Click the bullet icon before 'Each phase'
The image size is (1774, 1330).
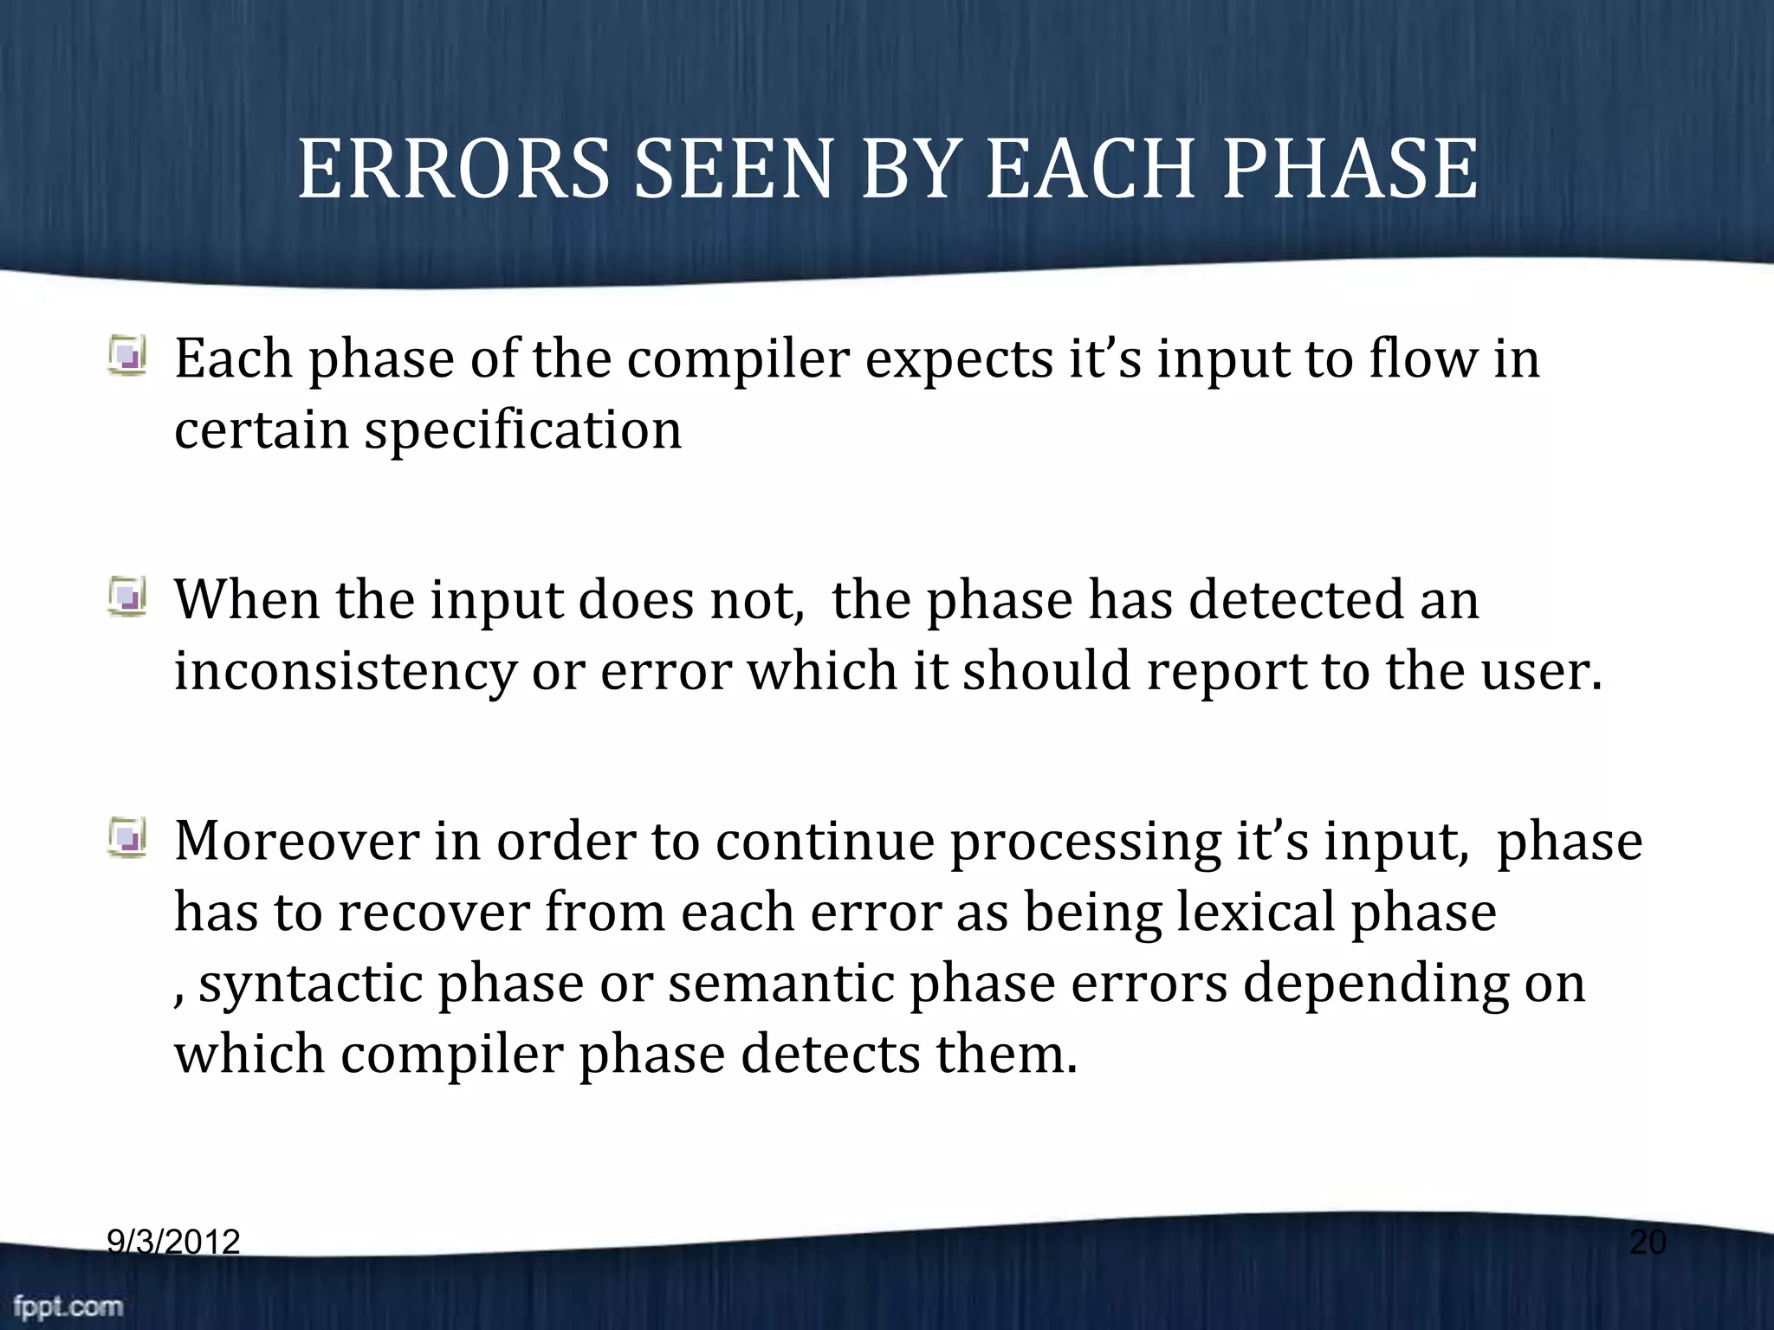click(x=128, y=356)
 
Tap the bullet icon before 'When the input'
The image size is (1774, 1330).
click(x=128, y=597)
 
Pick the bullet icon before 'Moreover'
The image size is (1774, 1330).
click(x=128, y=837)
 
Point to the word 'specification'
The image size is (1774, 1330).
click(x=522, y=430)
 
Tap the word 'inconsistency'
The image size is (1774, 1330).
click(x=345, y=671)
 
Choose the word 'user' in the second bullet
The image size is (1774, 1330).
click(x=1533, y=671)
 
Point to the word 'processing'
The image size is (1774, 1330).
click(x=1084, y=843)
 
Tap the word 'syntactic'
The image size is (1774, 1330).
click(x=310, y=985)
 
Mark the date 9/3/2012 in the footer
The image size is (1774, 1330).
click(x=173, y=1243)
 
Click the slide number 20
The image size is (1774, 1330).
click(x=1648, y=1243)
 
